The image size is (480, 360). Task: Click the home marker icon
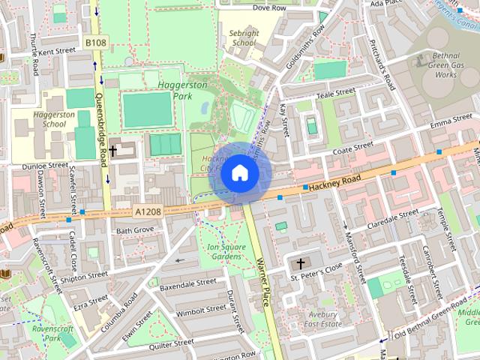239,173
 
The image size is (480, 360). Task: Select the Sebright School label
244,38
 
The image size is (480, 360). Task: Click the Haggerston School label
54,119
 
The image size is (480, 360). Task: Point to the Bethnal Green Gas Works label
445,65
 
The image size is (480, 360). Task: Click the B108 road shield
95,43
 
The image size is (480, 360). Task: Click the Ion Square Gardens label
225,251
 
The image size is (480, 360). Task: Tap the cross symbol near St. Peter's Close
301,263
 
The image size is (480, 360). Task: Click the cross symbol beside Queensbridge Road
112,151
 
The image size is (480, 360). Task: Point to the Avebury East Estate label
321,319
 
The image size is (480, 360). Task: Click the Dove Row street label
269,7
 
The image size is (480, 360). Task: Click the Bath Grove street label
134,229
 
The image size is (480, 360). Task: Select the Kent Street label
57,52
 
